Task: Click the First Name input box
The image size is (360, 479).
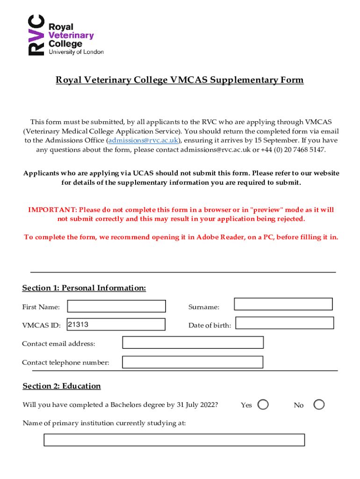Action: (116, 306)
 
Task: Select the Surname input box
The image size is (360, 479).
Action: (283, 304)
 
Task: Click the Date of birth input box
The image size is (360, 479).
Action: (284, 323)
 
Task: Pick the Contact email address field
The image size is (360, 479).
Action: (193, 342)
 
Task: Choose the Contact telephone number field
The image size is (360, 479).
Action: (193, 362)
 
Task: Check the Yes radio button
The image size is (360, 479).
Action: (263, 405)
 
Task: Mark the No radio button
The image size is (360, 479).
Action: (319, 405)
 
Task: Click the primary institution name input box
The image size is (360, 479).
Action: (174, 440)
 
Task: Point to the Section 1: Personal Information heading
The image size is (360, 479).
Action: (84, 288)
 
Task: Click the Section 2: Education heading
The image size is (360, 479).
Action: (62, 386)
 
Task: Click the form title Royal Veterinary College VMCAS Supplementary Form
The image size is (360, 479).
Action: (180, 80)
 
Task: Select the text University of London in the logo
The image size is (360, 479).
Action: (76, 52)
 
